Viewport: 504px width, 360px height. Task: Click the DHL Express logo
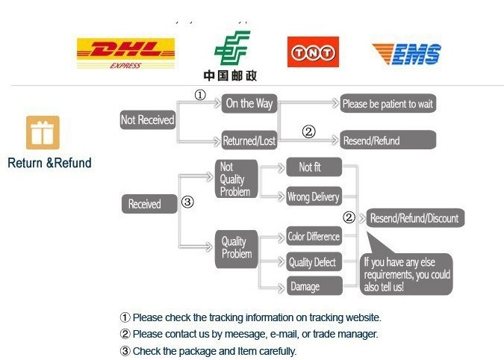coord(125,53)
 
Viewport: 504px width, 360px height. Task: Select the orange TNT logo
coord(313,52)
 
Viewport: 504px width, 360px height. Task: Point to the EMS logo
coord(406,53)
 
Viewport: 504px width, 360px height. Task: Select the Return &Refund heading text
coord(49,163)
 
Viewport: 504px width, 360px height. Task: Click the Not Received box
coord(148,120)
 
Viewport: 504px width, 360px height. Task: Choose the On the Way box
coord(249,103)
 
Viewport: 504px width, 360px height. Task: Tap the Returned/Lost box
coord(249,140)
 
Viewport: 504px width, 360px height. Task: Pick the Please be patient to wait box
coord(388,104)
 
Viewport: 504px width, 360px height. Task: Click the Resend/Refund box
coord(388,140)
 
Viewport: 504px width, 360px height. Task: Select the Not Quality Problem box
coord(236,179)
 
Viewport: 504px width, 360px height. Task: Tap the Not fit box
coord(314,167)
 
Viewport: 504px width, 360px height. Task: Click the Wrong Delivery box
coord(314,197)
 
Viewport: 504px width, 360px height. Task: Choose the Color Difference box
coord(314,237)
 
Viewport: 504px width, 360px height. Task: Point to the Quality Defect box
coord(314,262)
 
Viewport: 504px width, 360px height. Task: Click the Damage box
coord(314,286)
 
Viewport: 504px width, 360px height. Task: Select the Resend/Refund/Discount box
coord(414,218)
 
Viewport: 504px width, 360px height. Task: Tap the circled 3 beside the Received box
coord(188,202)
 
